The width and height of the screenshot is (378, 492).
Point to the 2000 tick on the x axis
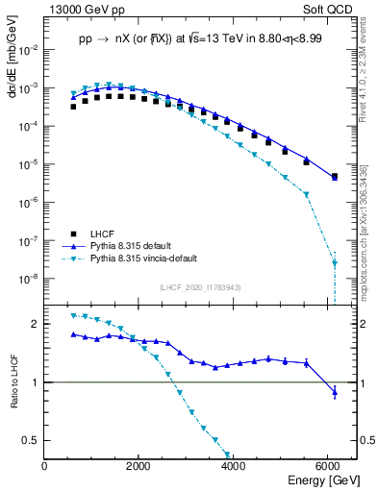click(x=139, y=466)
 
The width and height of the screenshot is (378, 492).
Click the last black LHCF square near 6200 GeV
click(x=334, y=177)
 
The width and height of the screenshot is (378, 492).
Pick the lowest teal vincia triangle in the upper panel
click(x=334, y=262)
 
